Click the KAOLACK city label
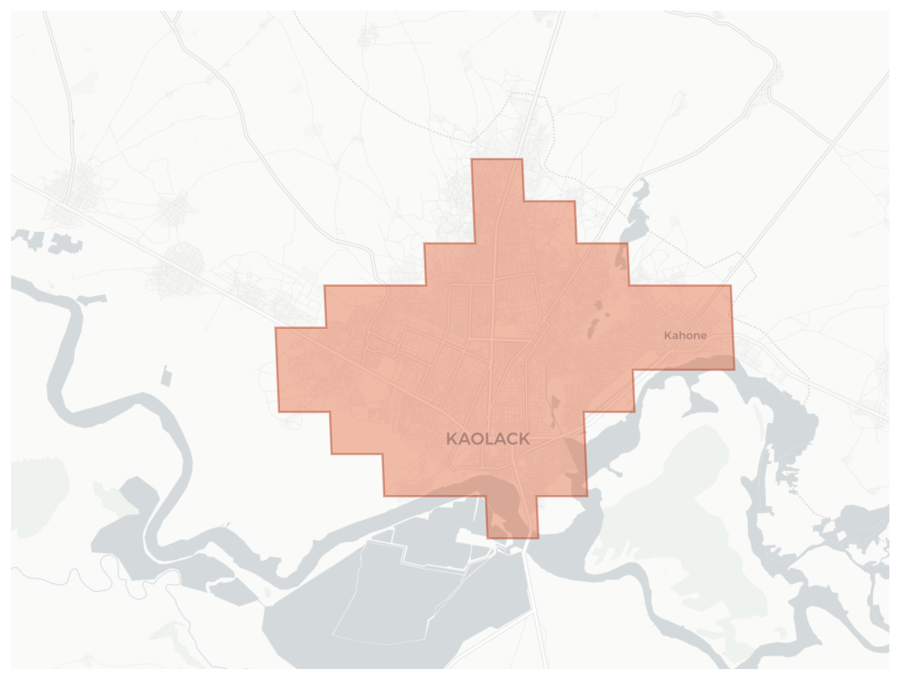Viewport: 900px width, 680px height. coord(488,439)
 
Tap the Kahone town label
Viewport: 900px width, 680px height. coord(685,335)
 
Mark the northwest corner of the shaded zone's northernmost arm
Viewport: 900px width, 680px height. coord(472,159)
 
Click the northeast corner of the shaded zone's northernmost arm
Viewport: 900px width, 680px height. coord(522,159)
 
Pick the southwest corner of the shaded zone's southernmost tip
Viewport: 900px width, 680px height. coord(487,538)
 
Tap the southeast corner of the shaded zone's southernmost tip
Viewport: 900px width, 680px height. coord(538,538)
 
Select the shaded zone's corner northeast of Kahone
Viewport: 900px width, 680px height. coord(731,286)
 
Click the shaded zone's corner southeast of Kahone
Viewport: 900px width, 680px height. coord(734,369)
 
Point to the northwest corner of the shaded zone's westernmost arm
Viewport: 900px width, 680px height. coord(276,328)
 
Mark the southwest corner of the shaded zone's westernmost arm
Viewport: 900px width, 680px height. coord(279,412)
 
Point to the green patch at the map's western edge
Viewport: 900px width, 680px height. coord(37,496)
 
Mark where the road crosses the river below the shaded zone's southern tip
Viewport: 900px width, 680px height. coord(525,549)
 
